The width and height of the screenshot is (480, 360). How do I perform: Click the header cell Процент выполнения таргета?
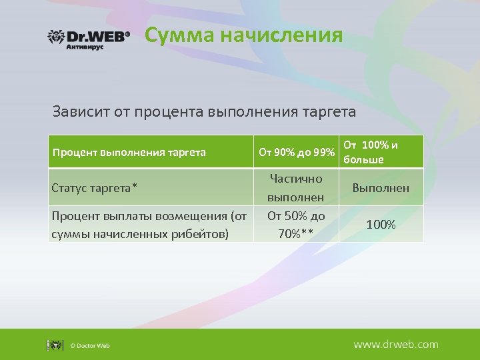click(129, 153)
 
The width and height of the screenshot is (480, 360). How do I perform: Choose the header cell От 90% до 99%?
click(296, 153)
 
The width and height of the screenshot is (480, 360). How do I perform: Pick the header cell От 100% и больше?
click(381, 152)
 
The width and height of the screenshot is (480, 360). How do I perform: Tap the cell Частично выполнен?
click(296, 188)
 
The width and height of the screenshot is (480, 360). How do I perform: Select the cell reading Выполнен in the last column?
click(381, 188)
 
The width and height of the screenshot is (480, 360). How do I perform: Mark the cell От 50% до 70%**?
click(296, 224)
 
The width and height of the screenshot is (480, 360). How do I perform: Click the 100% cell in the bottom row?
click(381, 225)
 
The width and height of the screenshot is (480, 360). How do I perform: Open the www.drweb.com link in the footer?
click(395, 345)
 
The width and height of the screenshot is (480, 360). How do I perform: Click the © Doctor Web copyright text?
click(90, 345)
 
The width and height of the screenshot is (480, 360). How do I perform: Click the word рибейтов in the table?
click(205, 233)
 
